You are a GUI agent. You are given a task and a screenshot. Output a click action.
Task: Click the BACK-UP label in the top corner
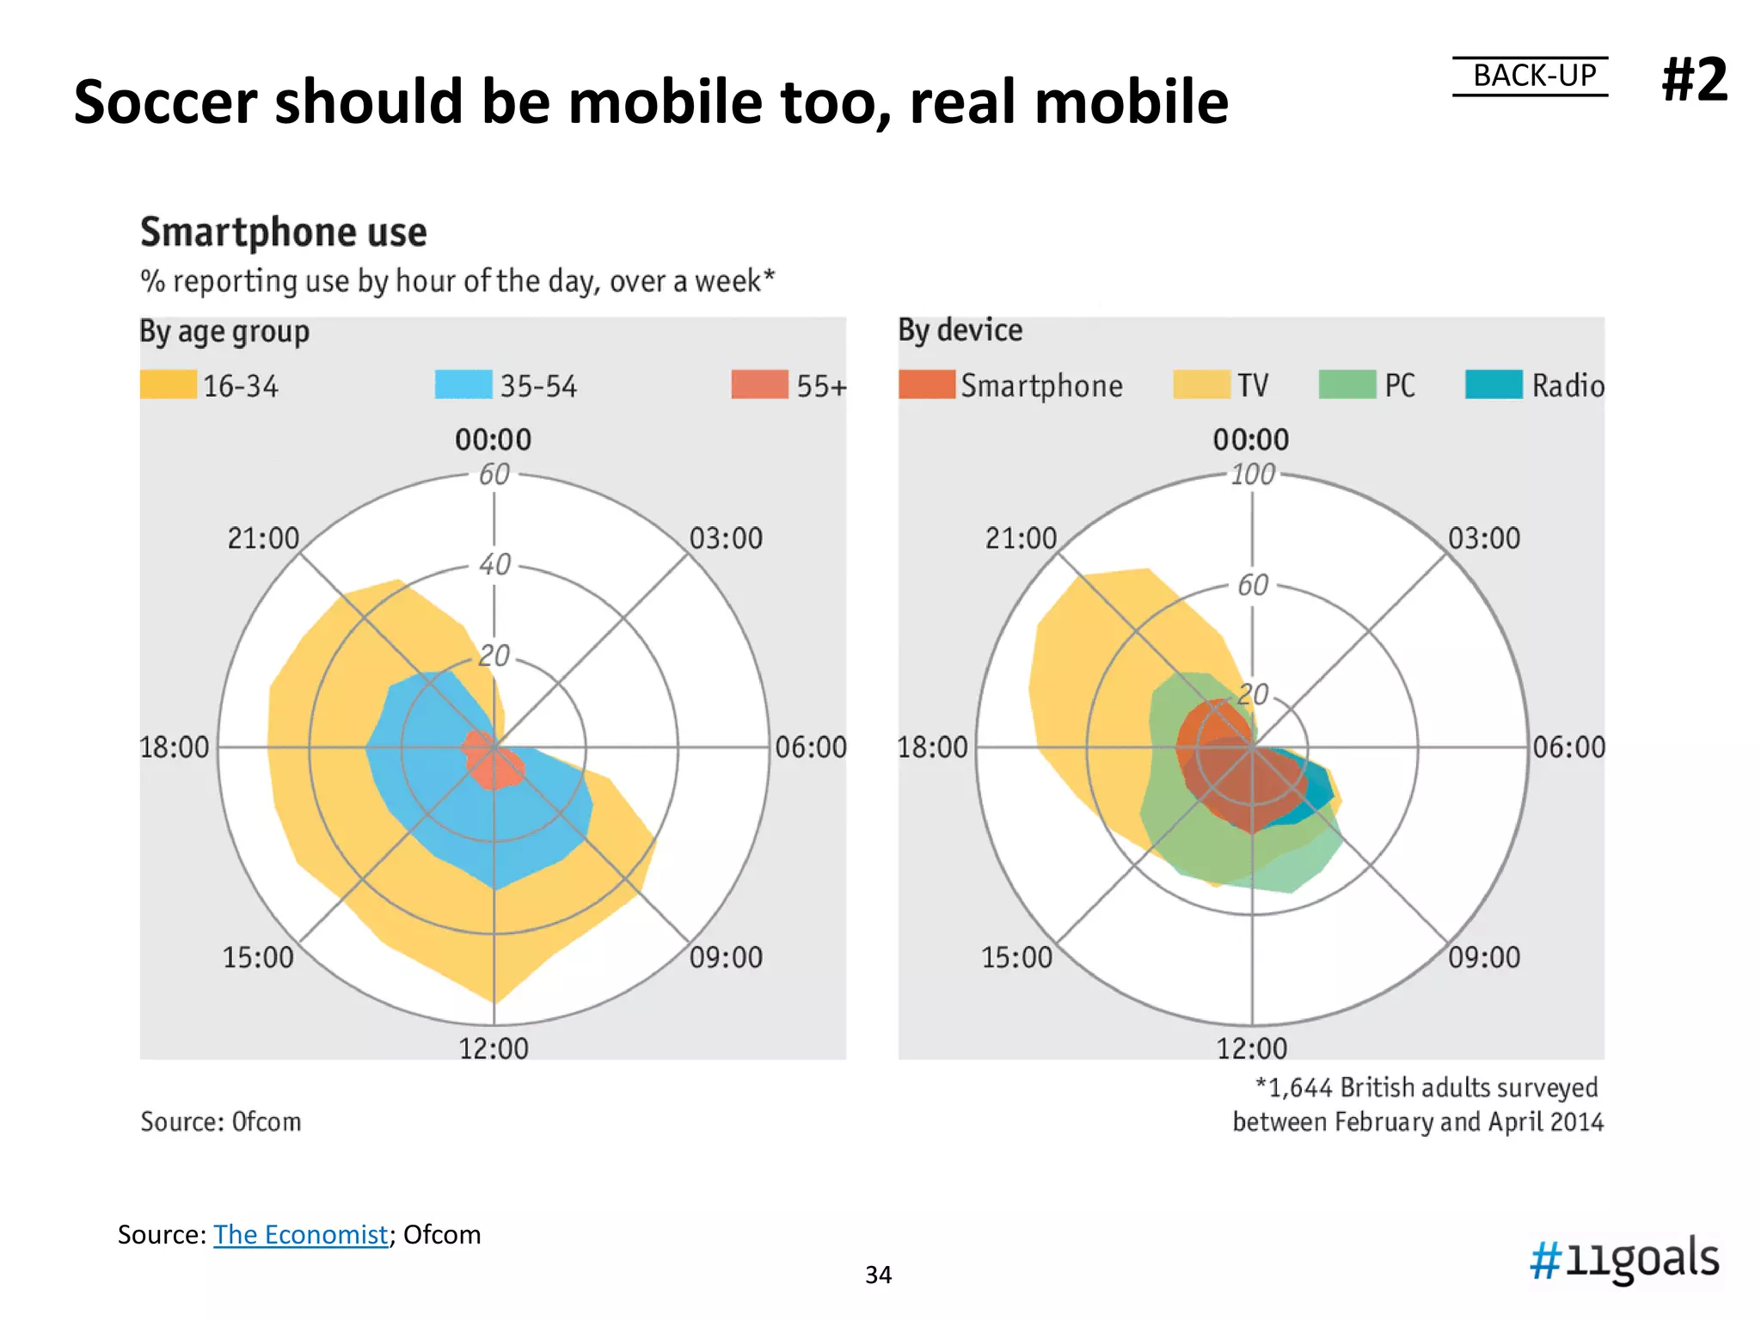tap(1534, 76)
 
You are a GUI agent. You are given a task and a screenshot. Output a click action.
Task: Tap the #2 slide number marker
tap(1694, 79)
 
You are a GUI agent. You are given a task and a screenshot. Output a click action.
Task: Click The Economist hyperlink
tap(300, 1234)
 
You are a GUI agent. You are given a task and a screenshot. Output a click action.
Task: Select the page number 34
tap(878, 1275)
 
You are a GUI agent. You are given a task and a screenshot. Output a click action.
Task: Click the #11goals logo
tap(1624, 1259)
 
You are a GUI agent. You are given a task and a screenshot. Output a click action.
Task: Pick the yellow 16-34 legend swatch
tap(169, 384)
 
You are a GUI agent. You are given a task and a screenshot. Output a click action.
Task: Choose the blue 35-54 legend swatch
tap(463, 384)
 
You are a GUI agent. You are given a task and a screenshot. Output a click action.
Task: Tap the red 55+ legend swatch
tap(759, 384)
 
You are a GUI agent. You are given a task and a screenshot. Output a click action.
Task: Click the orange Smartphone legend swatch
tap(926, 384)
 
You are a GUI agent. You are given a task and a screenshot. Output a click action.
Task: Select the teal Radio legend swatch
tap(1494, 384)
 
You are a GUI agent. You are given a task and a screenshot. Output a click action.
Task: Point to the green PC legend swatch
tap(1347, 384)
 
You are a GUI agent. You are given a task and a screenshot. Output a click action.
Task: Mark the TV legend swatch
tap(1201, 384)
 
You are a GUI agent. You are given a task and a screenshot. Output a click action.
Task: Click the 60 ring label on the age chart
tap(494, 474)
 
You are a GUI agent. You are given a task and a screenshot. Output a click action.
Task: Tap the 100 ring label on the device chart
tap(1252, 474)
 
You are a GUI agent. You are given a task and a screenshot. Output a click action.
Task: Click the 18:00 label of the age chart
tap(175, 747)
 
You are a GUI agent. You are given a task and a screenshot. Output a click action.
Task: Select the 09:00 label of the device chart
tap(1484, 957)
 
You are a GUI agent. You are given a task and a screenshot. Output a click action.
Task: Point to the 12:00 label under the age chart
tap(494, 1048)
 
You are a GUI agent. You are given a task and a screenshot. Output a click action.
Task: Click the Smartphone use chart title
tap(284, 232)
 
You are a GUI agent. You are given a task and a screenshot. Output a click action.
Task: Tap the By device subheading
tap(960, 330)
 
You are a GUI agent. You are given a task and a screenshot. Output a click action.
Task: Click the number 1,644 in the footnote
tap(1300, 1088)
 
